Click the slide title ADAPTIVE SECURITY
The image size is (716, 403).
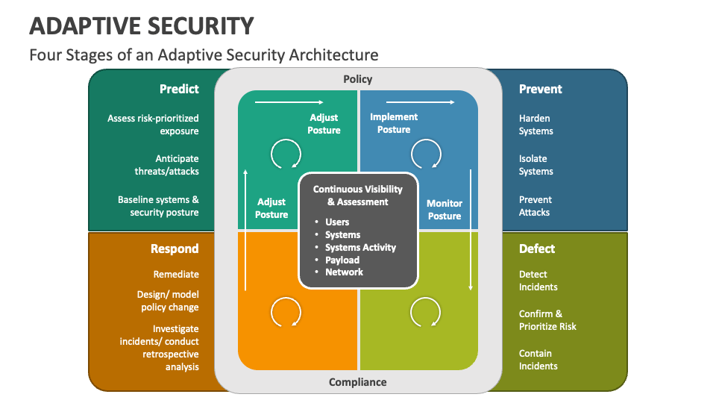click(142, 25)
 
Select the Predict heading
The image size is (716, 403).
click(179, 89)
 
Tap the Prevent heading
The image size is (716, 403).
click(540, 89)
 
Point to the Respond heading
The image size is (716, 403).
click(175, 249)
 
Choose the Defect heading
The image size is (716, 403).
click(537, 249)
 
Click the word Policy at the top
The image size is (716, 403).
click(357, 79)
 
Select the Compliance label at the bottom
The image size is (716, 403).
click(358, 382)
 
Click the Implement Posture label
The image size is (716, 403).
click(394, 123)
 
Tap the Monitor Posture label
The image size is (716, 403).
click(445, 209)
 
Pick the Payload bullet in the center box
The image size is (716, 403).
click(342, 260)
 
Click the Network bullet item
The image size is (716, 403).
click(344, 272)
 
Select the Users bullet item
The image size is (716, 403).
click(337, 222)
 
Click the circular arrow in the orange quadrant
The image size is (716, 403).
click(285, 311)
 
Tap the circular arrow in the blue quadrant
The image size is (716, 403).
click(426, 154)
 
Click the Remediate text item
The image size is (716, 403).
click(176, 274)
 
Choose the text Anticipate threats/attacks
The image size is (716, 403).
click(177, 165)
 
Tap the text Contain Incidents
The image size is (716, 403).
click(538, 360)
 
